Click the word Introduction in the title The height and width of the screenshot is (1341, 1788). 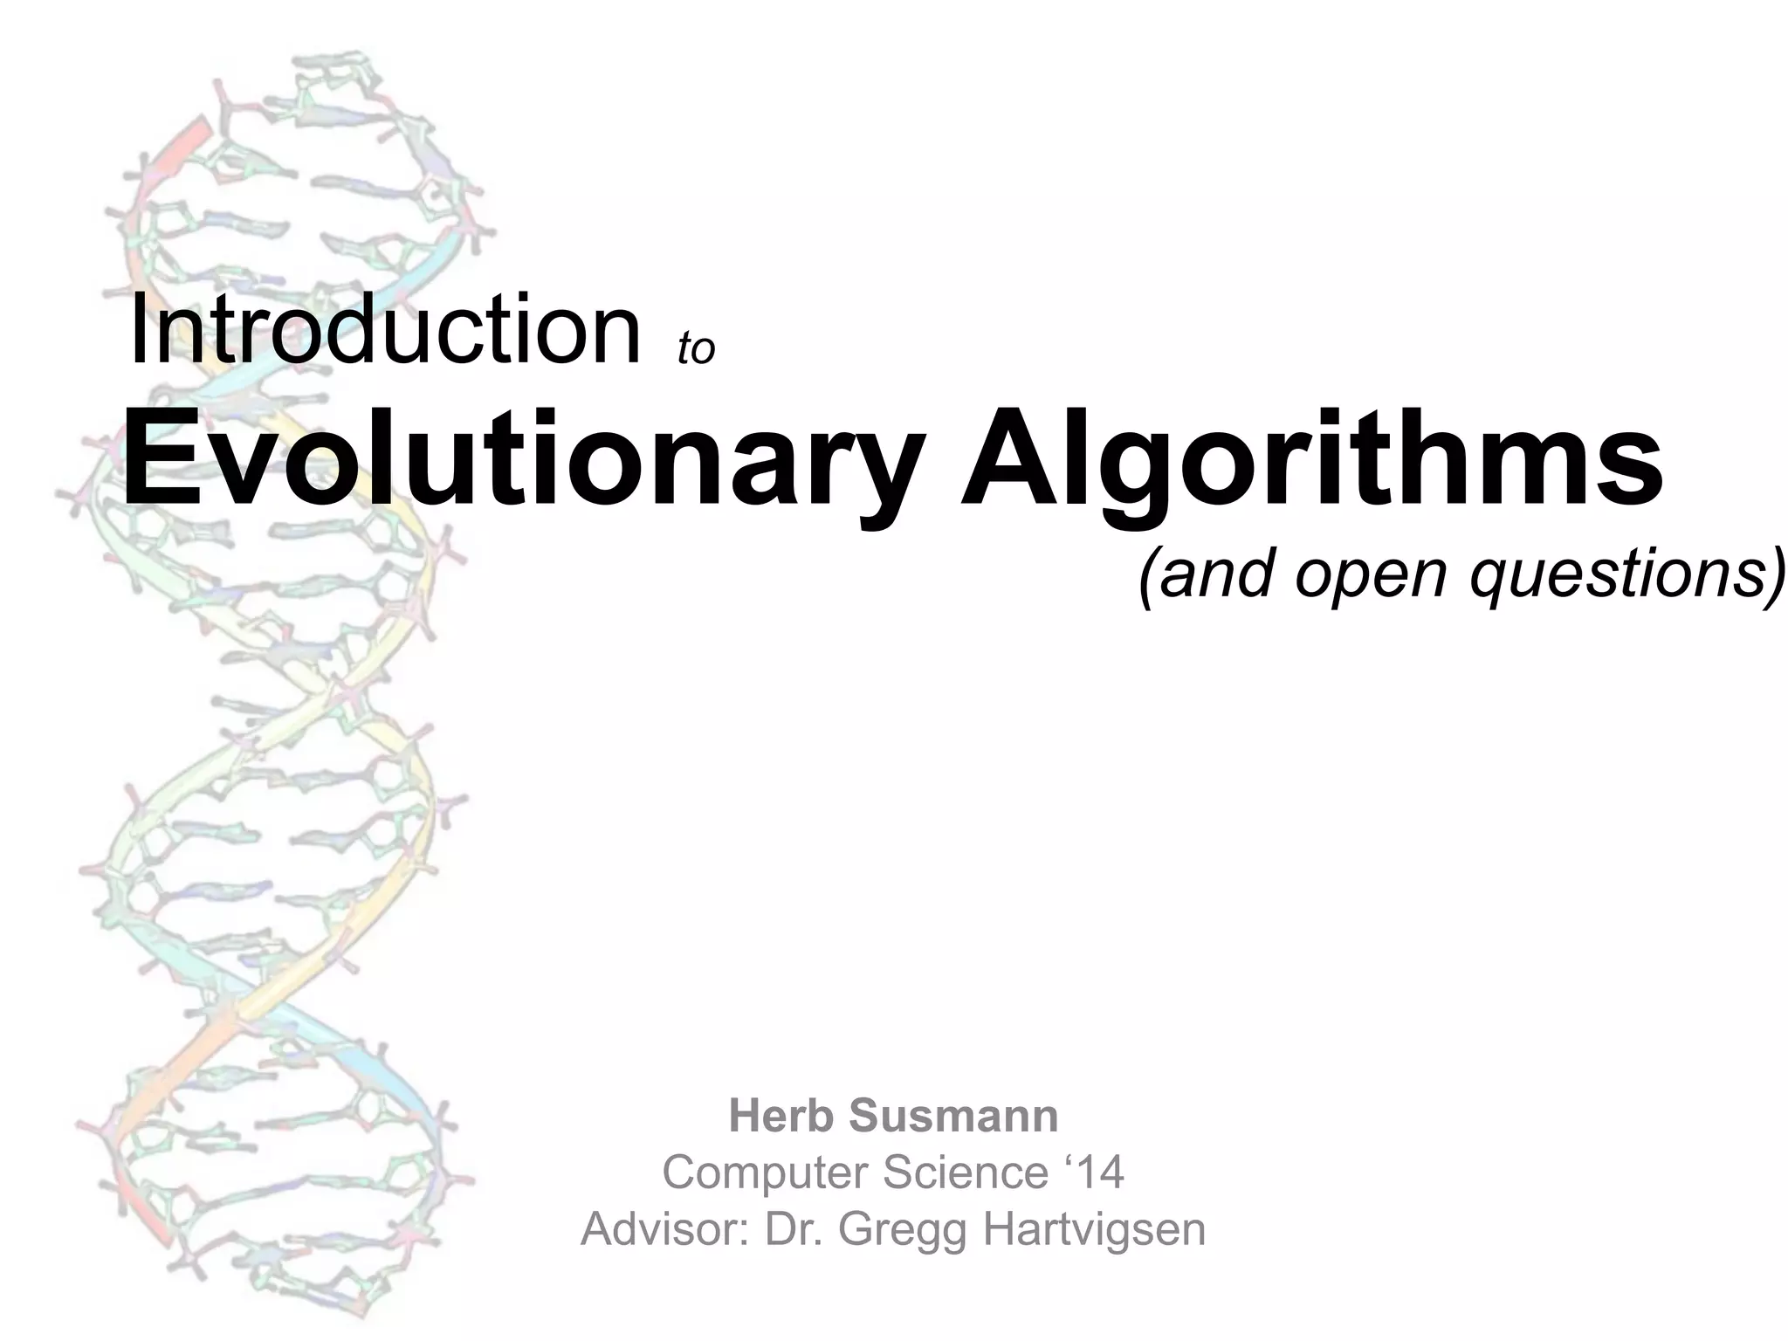(x=385, y=331)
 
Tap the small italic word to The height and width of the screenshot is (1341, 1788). (x=696, y=348)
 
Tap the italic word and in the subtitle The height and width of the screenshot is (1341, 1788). (x=1217, y=576)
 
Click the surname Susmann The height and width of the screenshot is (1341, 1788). (x=952, y=1116)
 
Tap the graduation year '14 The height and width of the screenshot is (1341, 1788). (x=1093, y=1172)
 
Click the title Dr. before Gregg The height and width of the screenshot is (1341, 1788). (x=794, y=1228)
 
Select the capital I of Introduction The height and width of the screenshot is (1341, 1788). (x=136, y=331)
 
